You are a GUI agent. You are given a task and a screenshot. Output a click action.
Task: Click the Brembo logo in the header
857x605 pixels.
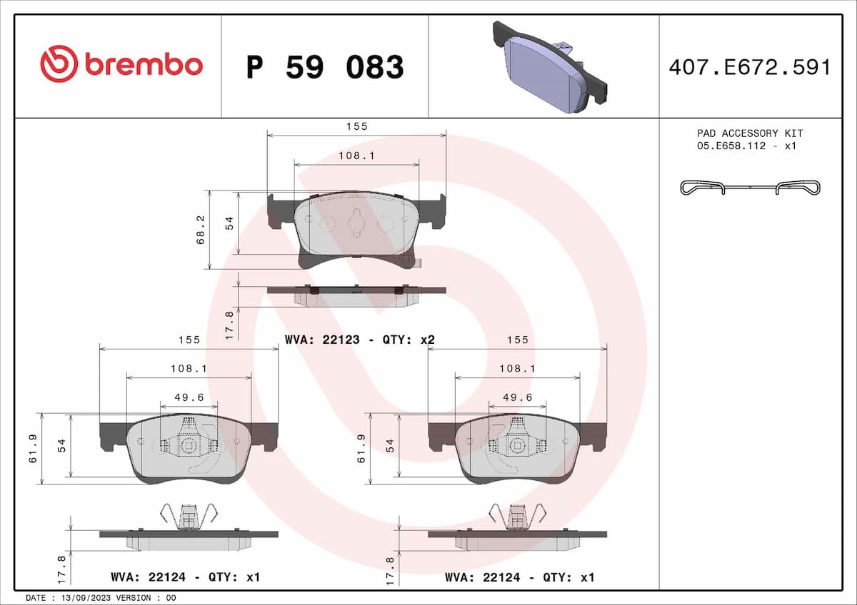pos(121,65)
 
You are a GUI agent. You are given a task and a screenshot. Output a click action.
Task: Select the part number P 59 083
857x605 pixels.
pos(325,67)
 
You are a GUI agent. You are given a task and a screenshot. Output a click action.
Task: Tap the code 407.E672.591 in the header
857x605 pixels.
pos(750,67)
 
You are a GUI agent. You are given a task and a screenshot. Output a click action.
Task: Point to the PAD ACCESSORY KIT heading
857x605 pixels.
pos(750,133)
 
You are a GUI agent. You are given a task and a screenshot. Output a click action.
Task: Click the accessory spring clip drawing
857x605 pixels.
pos(750,188)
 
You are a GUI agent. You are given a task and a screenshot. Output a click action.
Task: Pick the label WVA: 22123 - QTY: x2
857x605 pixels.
pos(360,340)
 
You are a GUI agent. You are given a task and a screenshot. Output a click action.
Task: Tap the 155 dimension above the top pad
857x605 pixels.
pos(356,126)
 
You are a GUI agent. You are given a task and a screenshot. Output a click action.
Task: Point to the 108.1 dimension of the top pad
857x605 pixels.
pos(356,156)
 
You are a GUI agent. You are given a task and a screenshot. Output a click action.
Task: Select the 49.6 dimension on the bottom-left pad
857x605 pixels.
pos(189,397)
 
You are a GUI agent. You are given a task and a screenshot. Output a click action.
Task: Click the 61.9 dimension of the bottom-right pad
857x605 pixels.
pos(361,449)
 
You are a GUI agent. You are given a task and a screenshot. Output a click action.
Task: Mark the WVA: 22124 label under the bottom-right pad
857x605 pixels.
pos(519,577)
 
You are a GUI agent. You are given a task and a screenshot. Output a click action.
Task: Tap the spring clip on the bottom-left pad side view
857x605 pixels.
pos(189,516)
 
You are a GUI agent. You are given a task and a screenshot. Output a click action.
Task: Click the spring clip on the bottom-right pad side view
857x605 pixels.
pos(518,516)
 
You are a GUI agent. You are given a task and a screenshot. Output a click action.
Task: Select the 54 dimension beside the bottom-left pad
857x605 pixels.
pos(62,446)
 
